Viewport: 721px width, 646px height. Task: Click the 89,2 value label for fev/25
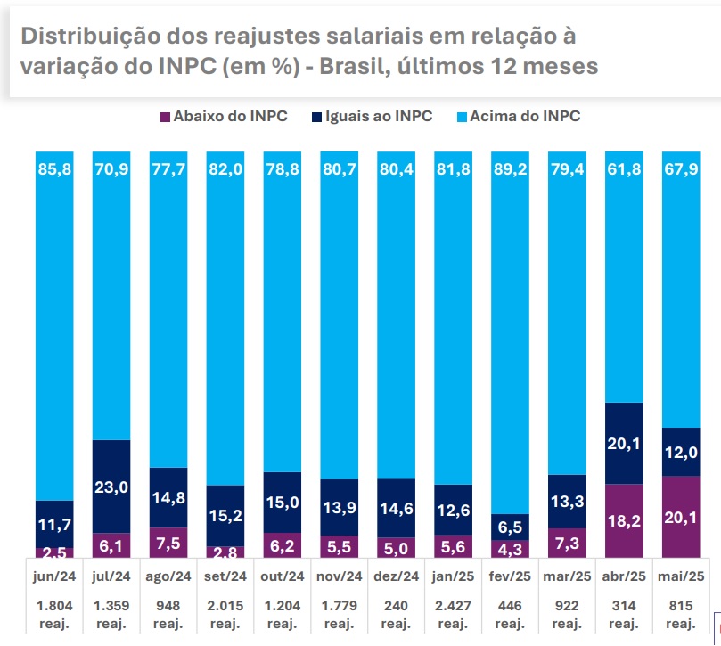coord(510,167)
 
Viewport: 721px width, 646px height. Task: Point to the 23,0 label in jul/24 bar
coord(111,487)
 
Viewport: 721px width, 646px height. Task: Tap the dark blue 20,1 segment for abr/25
coord(624,443)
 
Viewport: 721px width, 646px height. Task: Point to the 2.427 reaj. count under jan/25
coord(453,614)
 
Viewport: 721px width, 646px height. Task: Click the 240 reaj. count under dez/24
coord(396,614)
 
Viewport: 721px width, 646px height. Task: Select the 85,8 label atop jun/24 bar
coord(54,167)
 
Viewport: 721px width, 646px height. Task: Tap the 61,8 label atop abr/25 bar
coord(624,167)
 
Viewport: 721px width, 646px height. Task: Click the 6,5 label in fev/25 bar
coord(510,527)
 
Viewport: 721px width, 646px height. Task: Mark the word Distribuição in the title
coord(84,36)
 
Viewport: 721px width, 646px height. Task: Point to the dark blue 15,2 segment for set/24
coord(225,515)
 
